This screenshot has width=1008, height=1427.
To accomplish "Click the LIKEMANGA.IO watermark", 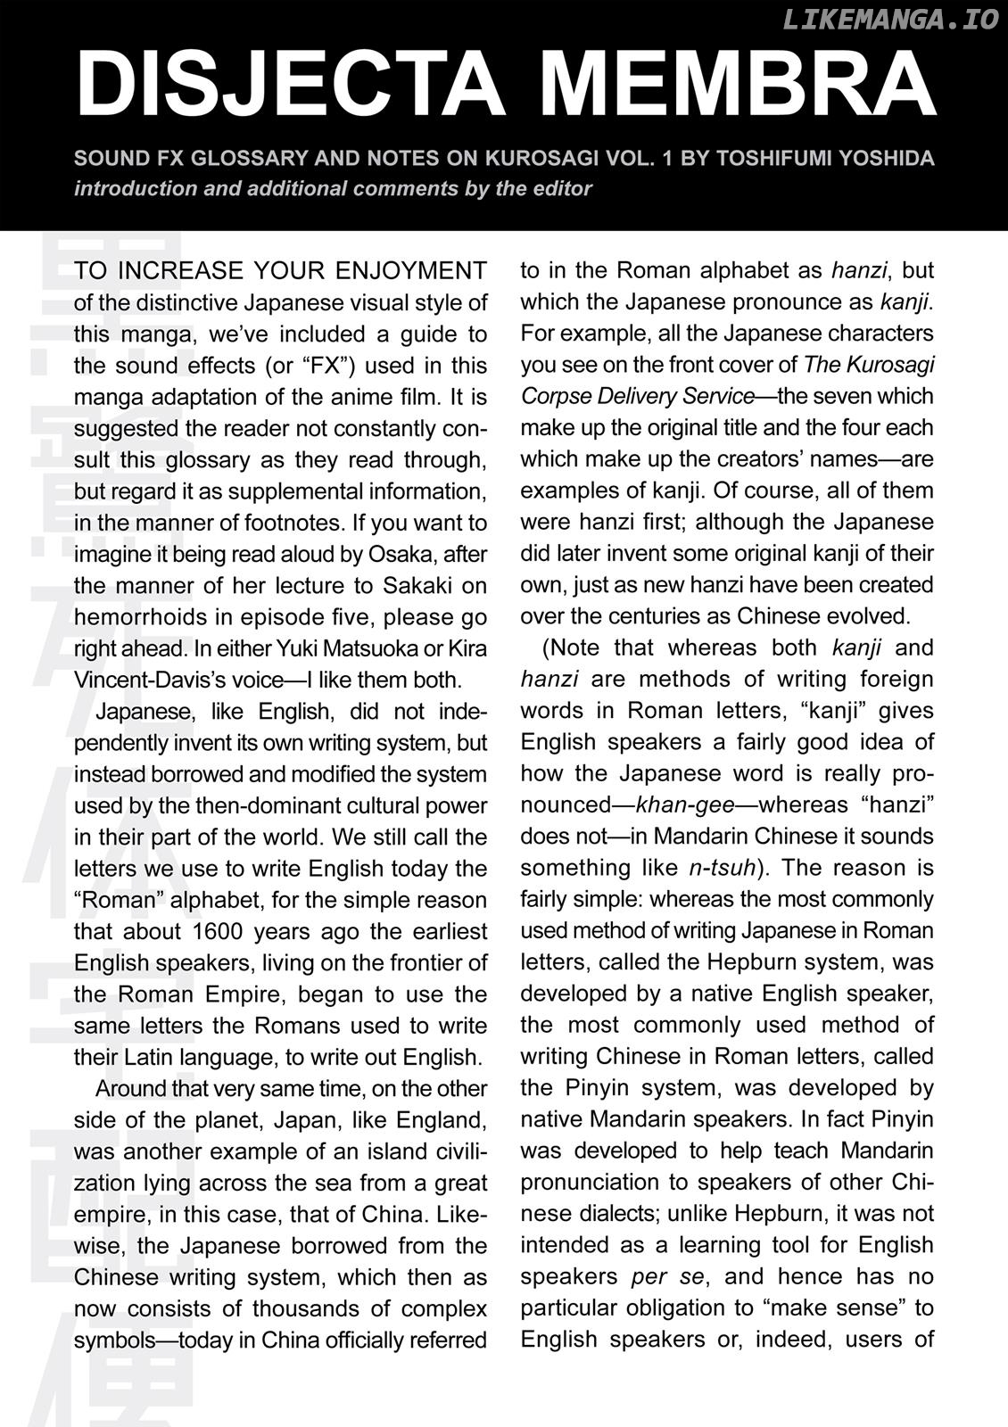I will coord(890,21).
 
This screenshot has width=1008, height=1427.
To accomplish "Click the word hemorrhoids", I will coord(136,617).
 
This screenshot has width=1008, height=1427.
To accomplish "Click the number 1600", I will coord(214,932).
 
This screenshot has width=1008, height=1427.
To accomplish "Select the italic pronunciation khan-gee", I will coord(685,805).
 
